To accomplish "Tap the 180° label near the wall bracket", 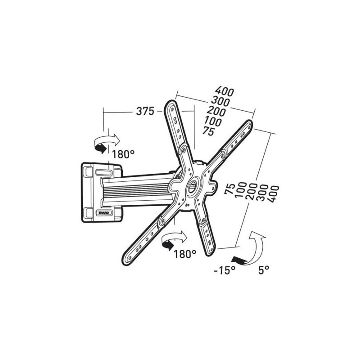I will tap(124, 154).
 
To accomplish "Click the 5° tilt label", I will tap(264, 270).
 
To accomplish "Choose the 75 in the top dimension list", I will tap(208, 131).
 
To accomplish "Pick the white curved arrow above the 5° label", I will tap(257, 245).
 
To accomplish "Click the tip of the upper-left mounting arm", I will tap(171, 103).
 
